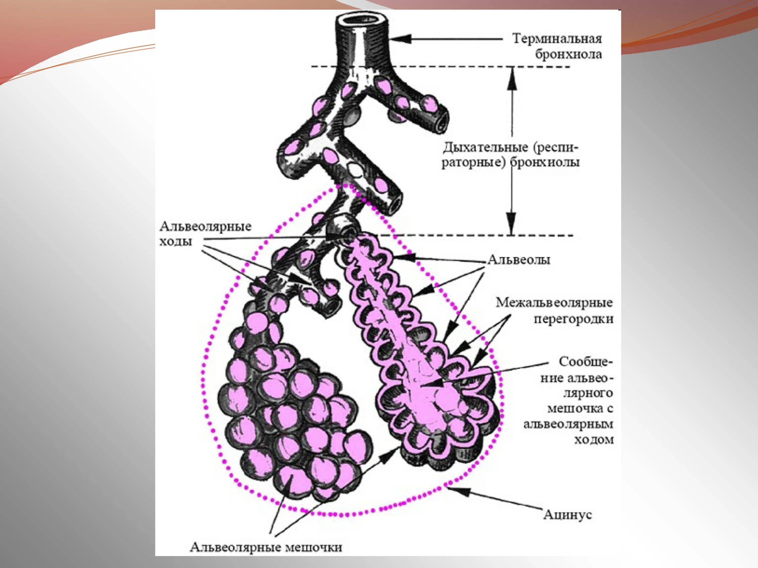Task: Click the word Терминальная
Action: click(x=557, y=39)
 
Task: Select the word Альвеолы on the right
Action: click(x=519, y=260)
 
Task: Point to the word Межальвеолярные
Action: click(x=554, y=303)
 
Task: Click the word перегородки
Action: click(x=573, y=319)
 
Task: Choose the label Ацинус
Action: click(x=567, y=514)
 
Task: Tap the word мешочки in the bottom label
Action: click(x=314, y=547)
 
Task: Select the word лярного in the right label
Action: click(x=588, y=393)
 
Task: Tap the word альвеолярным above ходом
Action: click(x=568, y=424)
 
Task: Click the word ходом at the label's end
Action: click(x=594, y=440)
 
